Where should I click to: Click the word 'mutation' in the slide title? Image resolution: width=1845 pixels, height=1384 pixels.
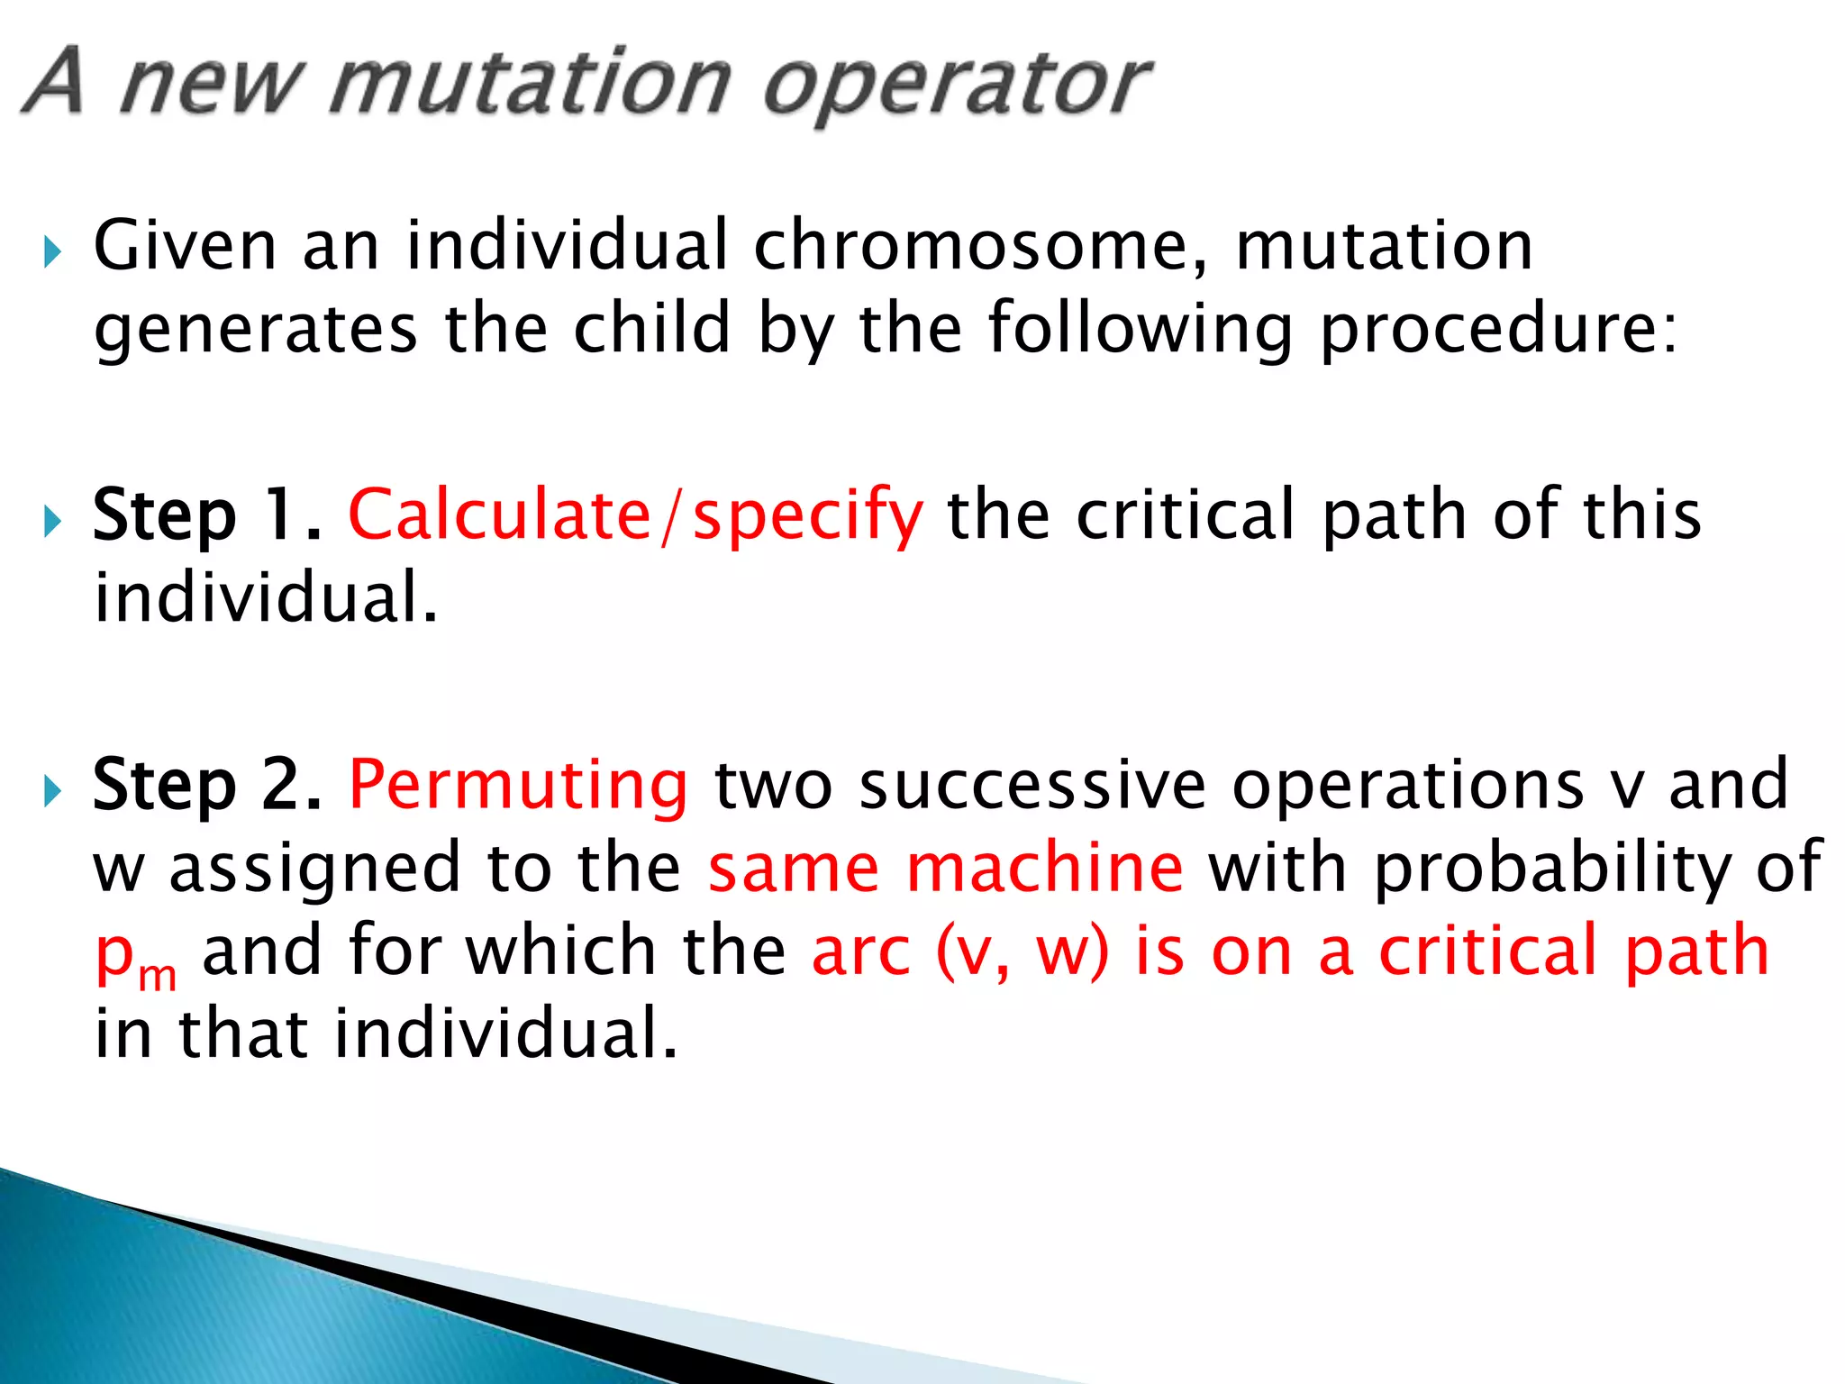point(530,86)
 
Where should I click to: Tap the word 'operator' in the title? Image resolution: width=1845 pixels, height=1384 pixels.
point(957,86)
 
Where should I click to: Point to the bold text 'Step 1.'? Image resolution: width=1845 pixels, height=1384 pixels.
point(207,515)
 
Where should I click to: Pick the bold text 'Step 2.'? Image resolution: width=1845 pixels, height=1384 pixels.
point(207,785)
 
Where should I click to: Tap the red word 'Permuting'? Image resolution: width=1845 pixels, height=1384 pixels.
point(518,785)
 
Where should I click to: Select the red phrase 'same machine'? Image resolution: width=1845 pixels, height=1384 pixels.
point(945,868)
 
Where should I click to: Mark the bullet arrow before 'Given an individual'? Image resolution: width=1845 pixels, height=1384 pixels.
point(52,251)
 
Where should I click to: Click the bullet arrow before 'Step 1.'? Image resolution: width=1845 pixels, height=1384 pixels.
point(52,521)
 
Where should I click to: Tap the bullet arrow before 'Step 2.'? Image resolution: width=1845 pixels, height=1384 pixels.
point(52,791)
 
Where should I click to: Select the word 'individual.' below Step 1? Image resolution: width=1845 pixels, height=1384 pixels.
point(266,598)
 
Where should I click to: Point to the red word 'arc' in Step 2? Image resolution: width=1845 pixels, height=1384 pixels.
point(861,951)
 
